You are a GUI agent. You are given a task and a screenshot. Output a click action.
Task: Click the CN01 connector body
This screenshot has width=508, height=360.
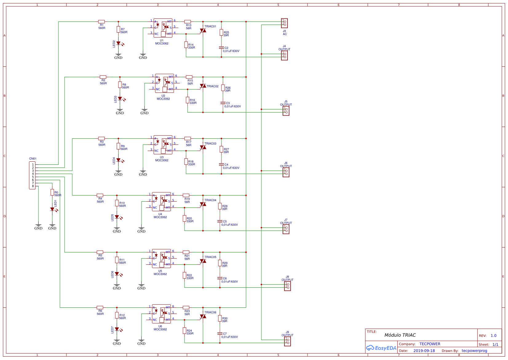click(32, 175)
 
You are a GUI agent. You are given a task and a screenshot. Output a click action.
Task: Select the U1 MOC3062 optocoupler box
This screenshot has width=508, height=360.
click(163, 28)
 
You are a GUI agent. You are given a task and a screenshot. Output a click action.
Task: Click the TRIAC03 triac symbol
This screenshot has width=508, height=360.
click(203, 148)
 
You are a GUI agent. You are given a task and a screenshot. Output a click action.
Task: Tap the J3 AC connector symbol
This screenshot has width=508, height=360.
click(284, 23)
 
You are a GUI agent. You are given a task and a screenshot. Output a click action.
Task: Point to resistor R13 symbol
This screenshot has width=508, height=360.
click(188, 22)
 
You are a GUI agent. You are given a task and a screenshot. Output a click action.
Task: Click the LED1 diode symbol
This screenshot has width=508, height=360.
click(52, 209)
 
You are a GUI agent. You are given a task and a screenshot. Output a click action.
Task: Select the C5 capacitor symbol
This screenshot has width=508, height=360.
click(220, 221)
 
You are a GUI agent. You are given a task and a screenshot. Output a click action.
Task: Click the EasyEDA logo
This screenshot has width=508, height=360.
click(381, 348)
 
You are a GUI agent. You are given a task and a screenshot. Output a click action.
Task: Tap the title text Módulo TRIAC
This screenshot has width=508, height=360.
click(400, 335)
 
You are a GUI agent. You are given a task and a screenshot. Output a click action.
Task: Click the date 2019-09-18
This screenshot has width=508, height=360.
click(424, 351)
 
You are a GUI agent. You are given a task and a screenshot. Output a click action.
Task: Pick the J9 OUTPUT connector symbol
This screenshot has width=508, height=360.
click(287, 341)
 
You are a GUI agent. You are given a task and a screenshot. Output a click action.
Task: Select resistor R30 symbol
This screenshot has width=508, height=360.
click(220, 318)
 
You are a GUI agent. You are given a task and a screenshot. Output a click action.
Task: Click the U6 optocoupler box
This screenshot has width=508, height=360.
click(161, 314)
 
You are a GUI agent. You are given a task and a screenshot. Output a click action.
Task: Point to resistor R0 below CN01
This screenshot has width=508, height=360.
click(52, 192)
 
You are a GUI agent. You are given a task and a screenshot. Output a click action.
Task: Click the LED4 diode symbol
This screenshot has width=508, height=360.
click(118, 160)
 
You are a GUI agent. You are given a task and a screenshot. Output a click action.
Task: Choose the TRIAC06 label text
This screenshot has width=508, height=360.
click(210, 312)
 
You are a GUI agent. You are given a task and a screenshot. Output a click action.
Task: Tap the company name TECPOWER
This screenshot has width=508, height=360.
click(430, 344)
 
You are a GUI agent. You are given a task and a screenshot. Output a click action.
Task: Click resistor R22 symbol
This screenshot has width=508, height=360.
click(185, 275)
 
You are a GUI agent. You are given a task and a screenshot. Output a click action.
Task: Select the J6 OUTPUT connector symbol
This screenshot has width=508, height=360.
click(286, 172)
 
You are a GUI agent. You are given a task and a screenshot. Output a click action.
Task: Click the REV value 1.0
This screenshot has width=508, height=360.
click(493, 336)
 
